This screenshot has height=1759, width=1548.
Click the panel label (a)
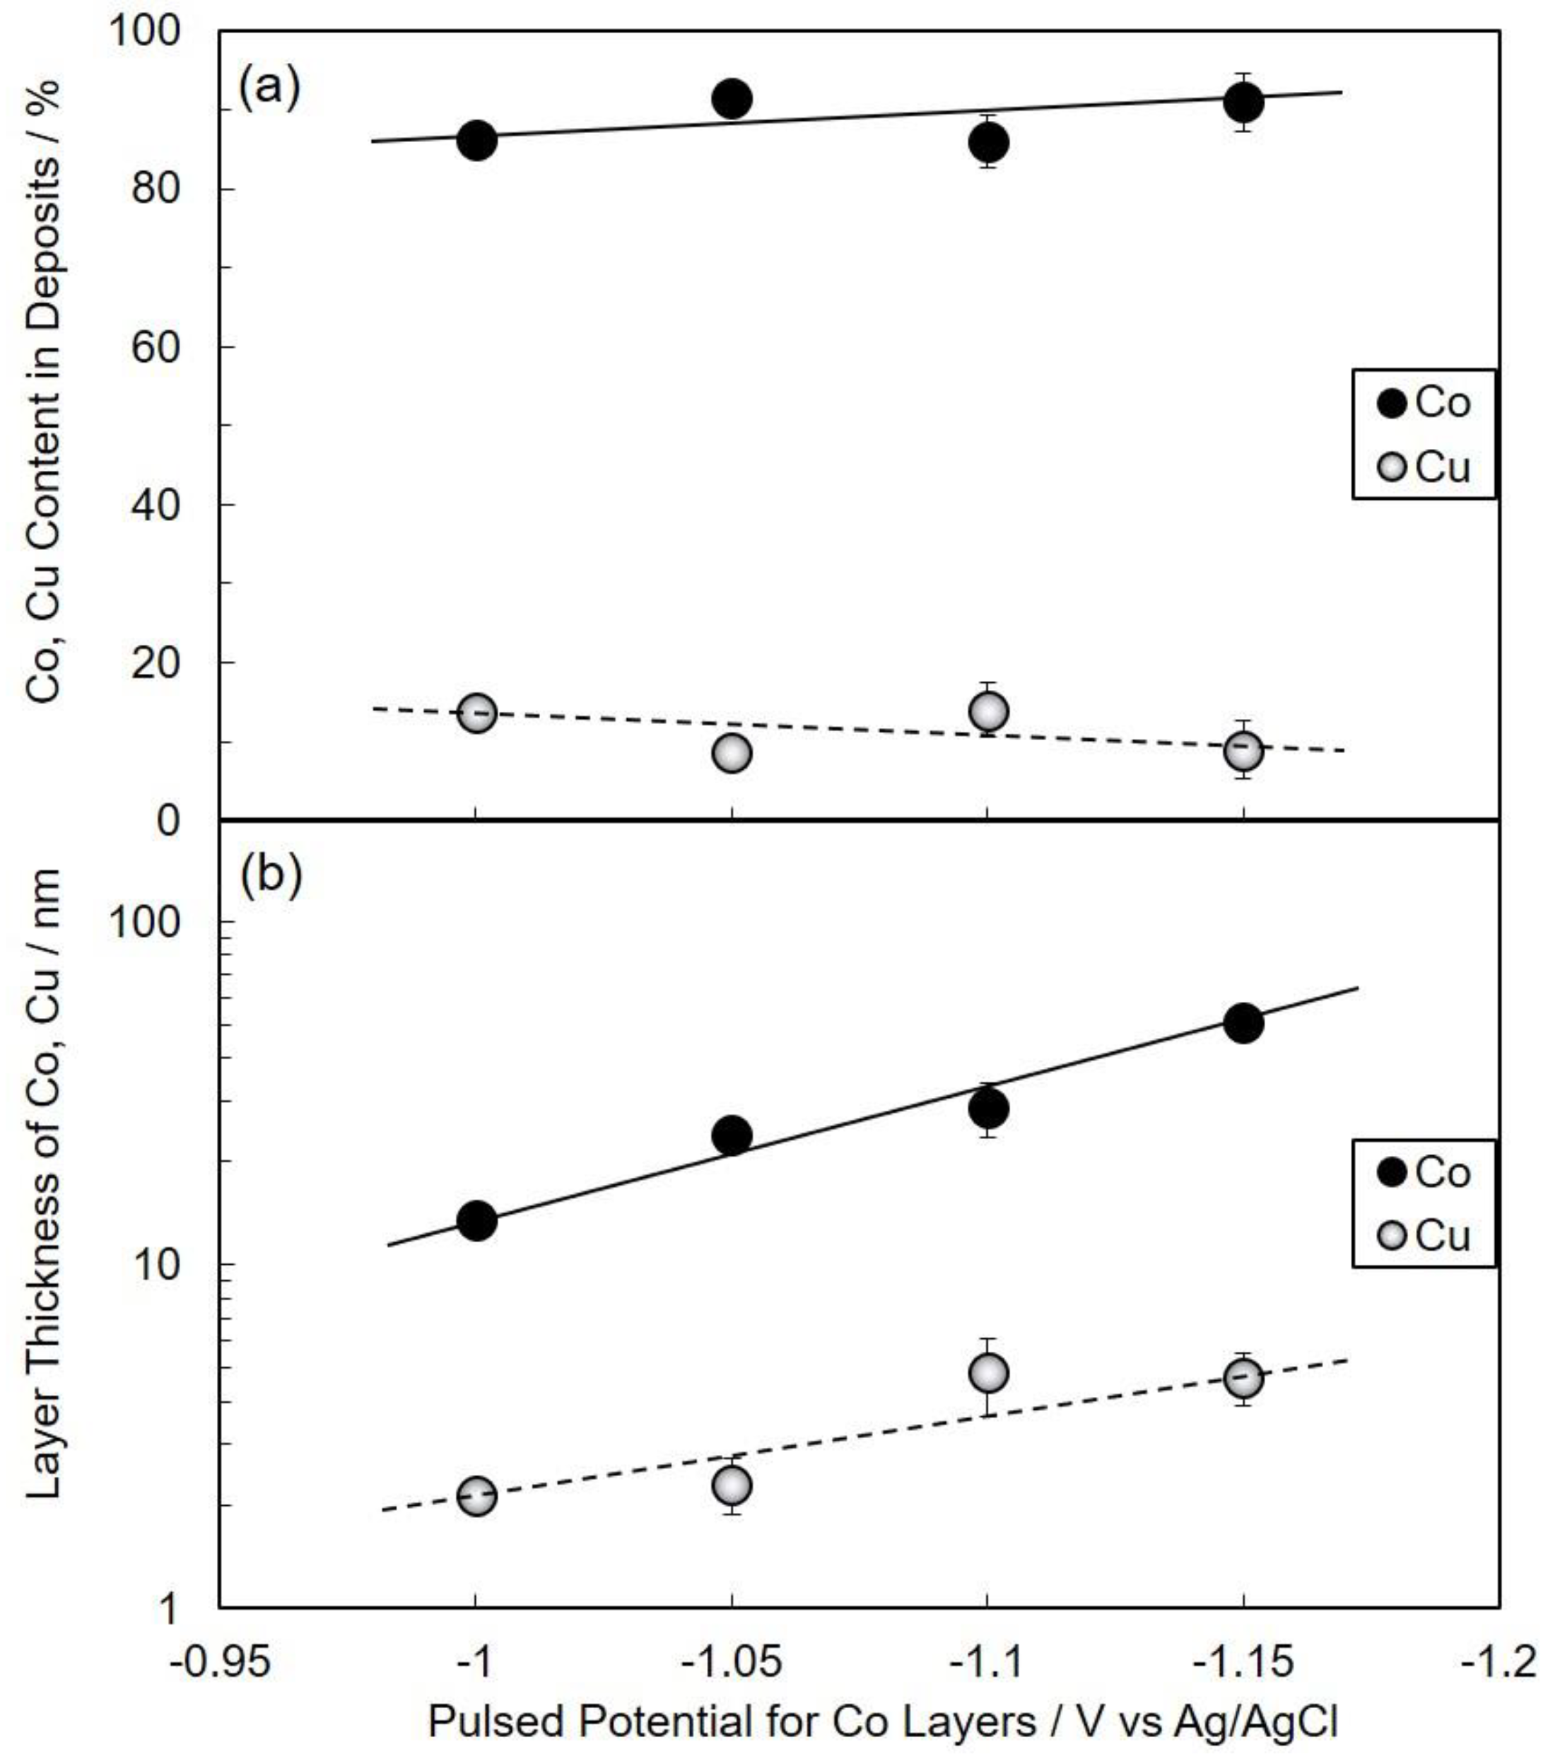click(x=269, y=88)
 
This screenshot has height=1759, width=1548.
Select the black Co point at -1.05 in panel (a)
click(x=732, y=99)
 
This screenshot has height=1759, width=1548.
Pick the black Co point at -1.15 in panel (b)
click(x=1243, y=1022)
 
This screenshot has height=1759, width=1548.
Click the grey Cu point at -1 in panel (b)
click(x=476, y=1497)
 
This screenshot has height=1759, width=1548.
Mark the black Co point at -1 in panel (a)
click(x=476, y=139)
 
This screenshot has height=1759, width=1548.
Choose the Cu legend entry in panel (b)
click(x=1424, y=1236)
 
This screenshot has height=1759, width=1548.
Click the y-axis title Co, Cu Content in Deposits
click(x=43, y=392)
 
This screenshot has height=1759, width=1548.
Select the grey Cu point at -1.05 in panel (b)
click(x=732, y=1485)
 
